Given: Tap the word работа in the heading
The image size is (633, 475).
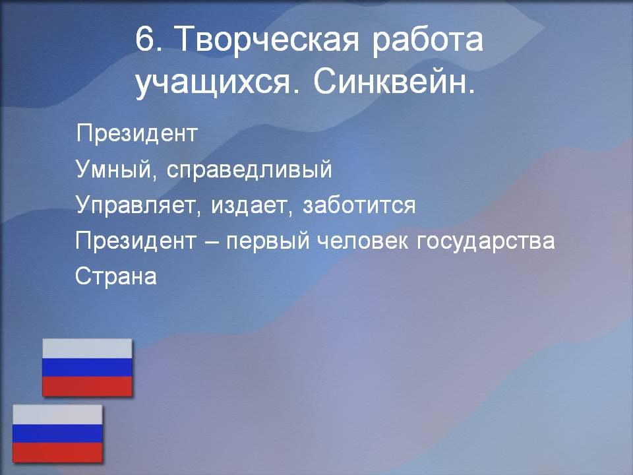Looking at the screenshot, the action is [427, 40].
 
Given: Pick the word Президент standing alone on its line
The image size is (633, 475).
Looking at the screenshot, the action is [137, 134].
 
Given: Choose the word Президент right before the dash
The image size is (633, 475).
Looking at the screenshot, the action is [136, 241].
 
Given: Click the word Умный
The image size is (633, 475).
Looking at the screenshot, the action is [113, 169].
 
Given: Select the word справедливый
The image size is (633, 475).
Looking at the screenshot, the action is [249, 170].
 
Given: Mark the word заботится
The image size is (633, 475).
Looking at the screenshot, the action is [359, 205].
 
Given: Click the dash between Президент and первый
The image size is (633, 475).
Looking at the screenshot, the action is [211, 242].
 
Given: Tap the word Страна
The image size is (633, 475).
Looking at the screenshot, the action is [116, 276].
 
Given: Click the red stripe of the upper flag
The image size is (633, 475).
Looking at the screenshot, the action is [87, 387].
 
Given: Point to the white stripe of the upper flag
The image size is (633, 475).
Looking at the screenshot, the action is [87, 348].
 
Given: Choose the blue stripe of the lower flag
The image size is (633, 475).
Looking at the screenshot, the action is [57, 433].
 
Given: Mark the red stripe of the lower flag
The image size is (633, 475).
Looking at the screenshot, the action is [57, 453].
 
